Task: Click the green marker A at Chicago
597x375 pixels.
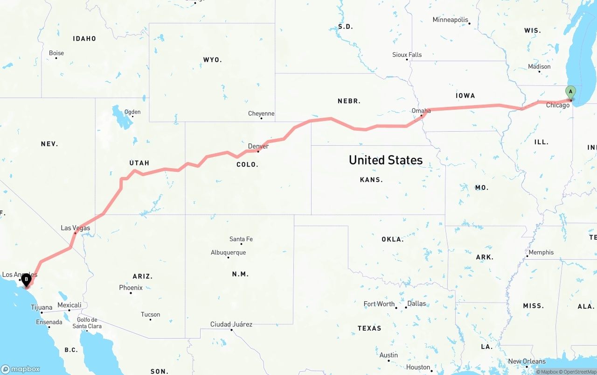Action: [x=570, y=92]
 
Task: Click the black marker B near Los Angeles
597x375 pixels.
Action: [x=27, y=279]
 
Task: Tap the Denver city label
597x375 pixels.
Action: [x=258, y=146]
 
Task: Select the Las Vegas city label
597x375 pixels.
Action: [x=75, y=228]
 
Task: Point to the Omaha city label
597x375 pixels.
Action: [x=421, y=111]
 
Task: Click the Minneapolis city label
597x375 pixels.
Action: [x=450, y=20]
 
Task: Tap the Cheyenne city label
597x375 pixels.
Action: [x=261, y=113]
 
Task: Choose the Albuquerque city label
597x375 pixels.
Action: [x=228, y=253]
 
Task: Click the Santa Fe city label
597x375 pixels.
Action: [x=241, y=239]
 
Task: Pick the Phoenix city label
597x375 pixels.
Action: [x=131, y=288]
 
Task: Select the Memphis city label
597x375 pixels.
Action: [x=541, y=252]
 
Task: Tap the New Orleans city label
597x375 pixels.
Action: [x=527, y=361]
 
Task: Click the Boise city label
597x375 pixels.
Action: [x=56, y=53]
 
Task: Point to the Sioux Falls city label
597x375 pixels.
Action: [x=407, y=55]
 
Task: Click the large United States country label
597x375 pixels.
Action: [x=386, y=160]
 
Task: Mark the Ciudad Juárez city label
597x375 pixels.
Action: [x=231, y=324]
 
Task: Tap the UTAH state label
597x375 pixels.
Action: [x=139, y=163]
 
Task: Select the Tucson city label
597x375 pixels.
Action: [x=150, y=314]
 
